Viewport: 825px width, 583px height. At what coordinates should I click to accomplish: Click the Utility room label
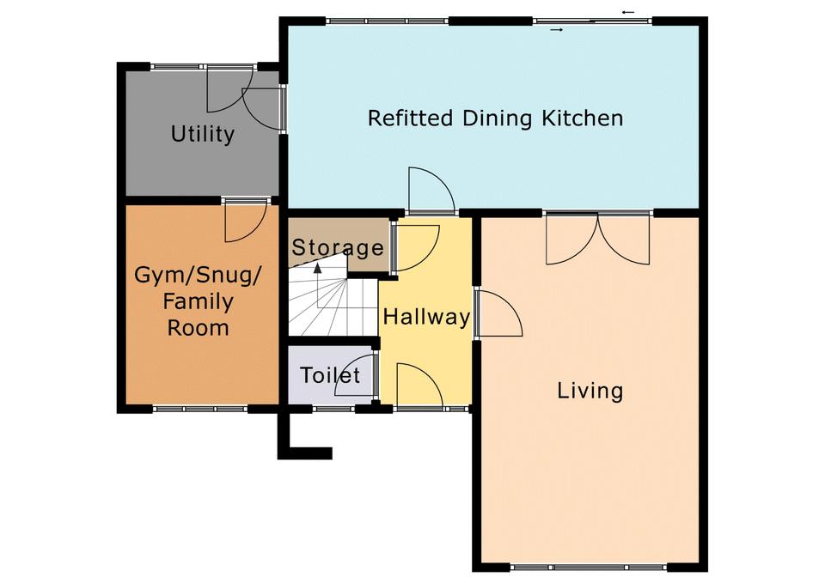203,134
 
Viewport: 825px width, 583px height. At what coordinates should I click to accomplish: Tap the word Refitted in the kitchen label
410,118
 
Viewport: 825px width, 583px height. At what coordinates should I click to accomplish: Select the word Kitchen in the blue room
583,118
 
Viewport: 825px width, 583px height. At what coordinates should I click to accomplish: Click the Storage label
338,247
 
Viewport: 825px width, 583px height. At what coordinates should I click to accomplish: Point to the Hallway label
426,317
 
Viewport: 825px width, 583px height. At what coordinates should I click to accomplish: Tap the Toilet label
330,375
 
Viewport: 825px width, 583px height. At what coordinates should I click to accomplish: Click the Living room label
590,392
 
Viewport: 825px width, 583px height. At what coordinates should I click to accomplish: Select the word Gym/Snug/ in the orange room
198,275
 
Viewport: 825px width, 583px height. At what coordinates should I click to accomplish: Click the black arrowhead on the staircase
318,268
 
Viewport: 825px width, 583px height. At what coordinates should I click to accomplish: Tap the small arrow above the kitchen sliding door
628,11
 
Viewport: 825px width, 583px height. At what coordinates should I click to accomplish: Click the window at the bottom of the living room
588,568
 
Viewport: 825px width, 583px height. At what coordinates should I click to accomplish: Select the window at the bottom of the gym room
200,409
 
